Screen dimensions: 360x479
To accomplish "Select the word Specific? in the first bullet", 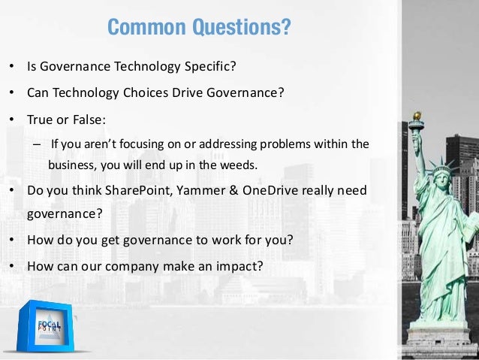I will tap(210, 67).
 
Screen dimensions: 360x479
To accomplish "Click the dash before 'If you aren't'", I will tap(36, 144).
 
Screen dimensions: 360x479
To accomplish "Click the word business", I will tap(71, 165).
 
